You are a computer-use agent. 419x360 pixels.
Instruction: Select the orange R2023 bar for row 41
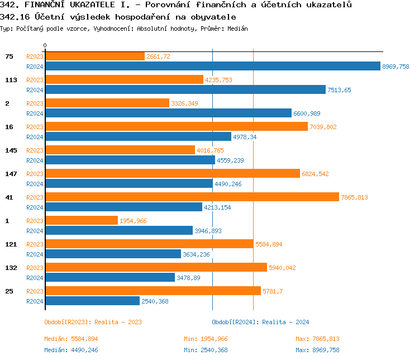point(192,197)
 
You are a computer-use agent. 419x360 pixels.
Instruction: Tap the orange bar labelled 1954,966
point(82,220)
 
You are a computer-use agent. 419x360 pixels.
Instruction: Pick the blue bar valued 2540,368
point(92,301)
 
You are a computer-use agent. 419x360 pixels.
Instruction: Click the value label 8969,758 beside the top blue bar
point(396,67)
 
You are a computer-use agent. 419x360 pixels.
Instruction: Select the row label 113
point(11,80)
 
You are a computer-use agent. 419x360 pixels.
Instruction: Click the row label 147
point(11,174)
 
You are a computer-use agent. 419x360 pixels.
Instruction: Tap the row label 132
point(11,268)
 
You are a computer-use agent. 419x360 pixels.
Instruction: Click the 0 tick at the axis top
point(45,46)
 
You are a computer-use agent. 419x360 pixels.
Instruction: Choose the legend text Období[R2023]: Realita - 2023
point(93,322)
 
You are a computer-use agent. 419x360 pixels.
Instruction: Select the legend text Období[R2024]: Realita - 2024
point(260,322)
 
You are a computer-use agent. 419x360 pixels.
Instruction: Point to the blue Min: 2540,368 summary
point(206,350)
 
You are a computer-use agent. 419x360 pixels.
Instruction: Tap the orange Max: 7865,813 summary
point(317,339)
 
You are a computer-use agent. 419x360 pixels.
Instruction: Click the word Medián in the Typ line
point(237,28)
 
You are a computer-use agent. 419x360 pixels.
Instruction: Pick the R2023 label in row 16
point(35,127)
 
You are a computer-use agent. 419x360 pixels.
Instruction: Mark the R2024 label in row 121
point(35,254)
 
